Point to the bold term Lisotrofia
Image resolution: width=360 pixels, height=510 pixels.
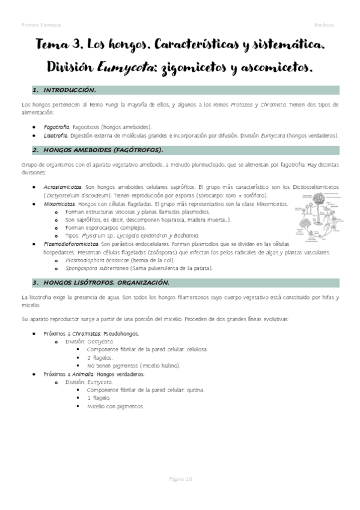[x=56, y=135]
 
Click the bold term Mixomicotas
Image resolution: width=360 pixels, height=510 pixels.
[x=59, y=204]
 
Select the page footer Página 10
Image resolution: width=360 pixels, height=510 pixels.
[x=180, y=479]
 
